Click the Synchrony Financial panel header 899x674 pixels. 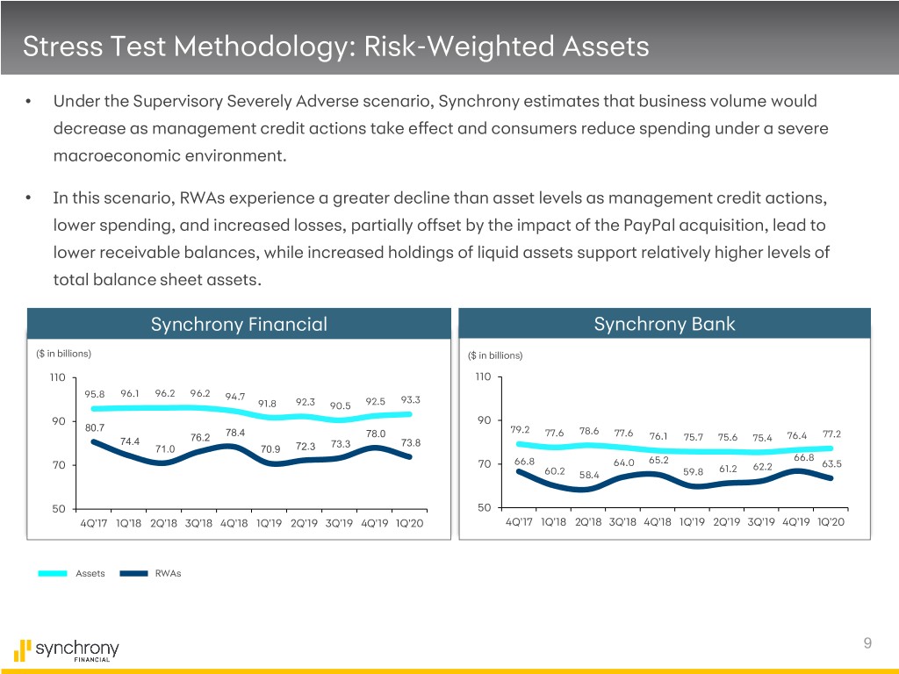pyautogui.click(x=239, y=325)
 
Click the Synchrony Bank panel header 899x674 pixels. pyautogui.click(x=665, y=325)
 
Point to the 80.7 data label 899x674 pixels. pyautogui.click(x=95, y=427)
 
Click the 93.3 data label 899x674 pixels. pyautogui.click(x=410, y=399)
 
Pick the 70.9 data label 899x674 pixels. pyautogui.click(x=271, y=449)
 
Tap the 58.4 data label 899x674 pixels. pyautogui.click(x=590, y=475)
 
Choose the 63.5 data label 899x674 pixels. pyautogui.click(x=831, y=463)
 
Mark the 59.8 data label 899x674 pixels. pyautogui.click(x=693, y=472)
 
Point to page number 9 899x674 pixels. pyautogui.click(x=867, y=643)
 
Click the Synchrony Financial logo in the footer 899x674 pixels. pyautogui.click(x=67, y=650)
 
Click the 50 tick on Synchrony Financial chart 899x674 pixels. pyautogui.click(x=55, y=509)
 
